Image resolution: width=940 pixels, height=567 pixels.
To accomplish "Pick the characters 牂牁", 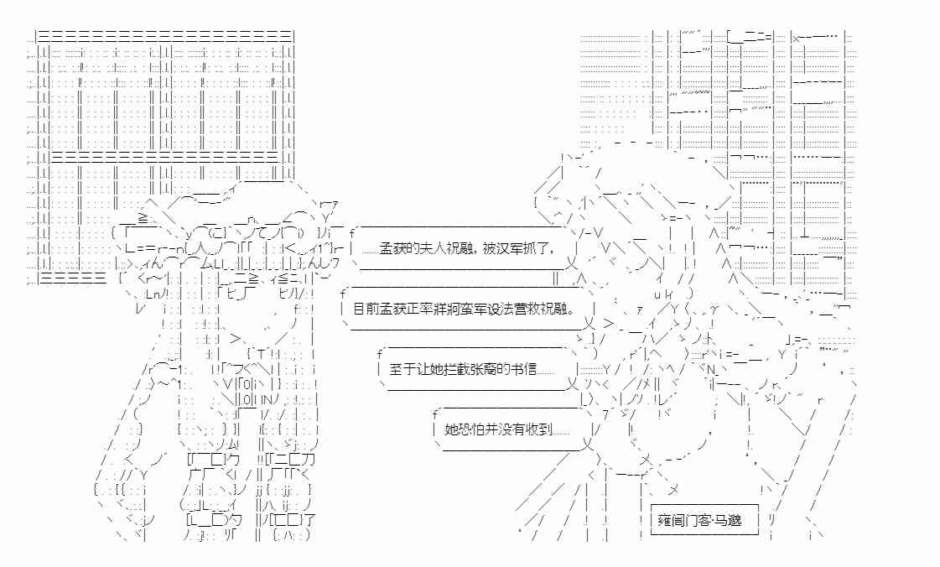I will click(x=450, y=309).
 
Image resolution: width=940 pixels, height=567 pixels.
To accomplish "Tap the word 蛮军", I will click(x=475, y=309).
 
